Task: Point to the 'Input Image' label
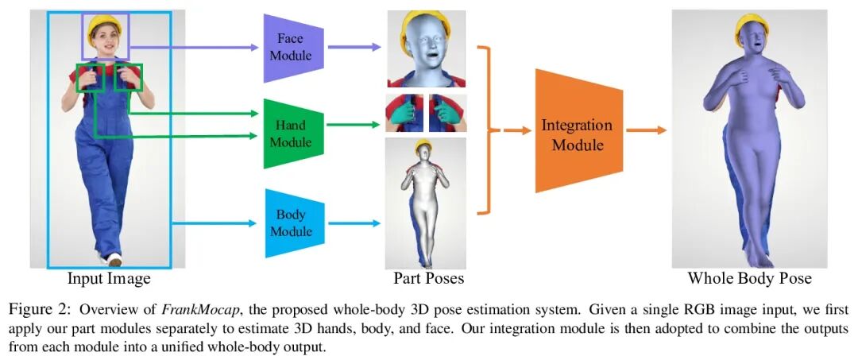coord(109,279)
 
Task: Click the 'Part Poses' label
coord(429,279)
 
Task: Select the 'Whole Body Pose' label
coord(749,278)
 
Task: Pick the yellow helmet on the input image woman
coord(105,23)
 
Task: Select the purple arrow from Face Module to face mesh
coord(354,47)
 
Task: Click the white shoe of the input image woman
coord(115,259)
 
